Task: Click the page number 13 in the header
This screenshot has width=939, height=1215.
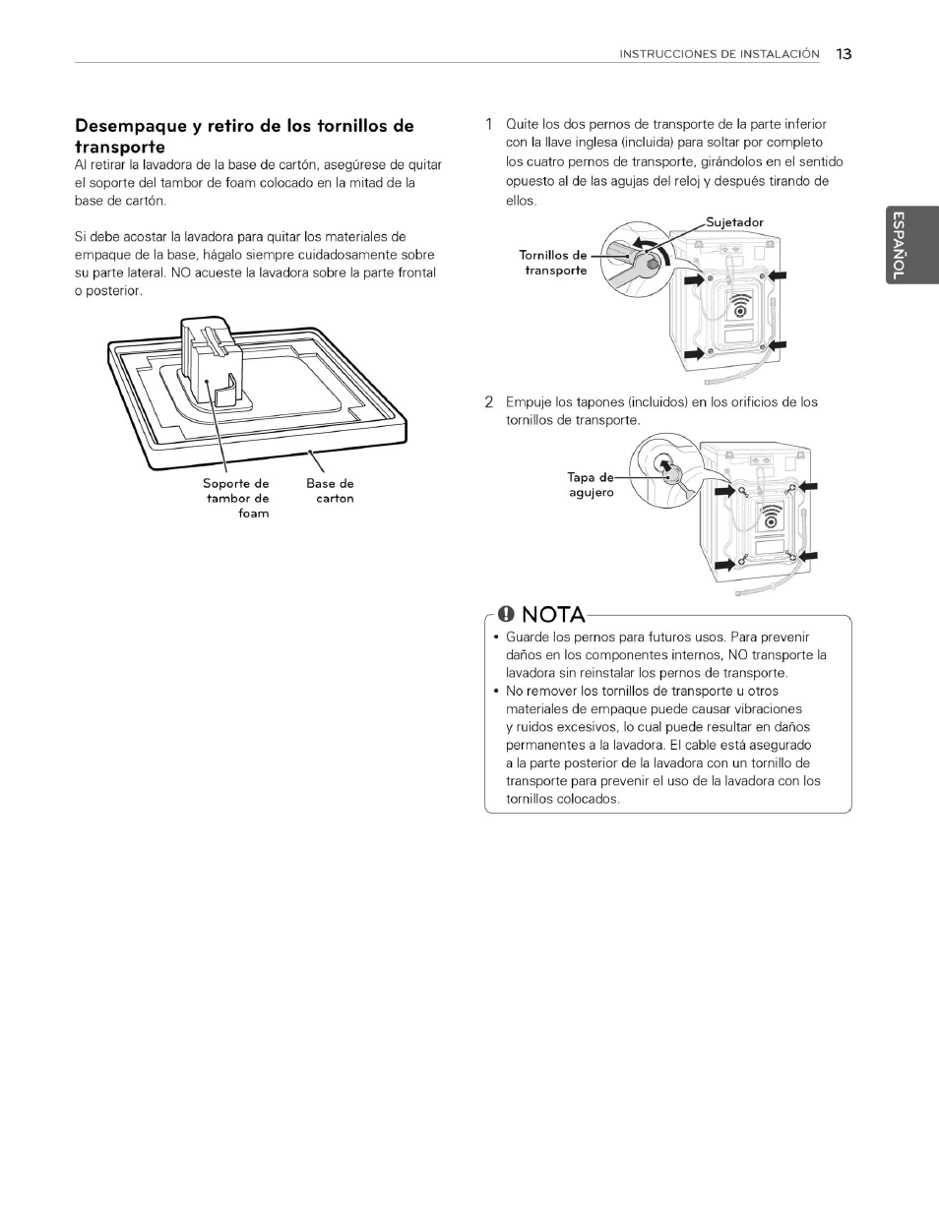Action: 844,54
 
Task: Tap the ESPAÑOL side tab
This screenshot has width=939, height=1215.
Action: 898,246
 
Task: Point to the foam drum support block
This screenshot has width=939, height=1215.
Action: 212,364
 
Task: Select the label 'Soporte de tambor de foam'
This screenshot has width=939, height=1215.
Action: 236,498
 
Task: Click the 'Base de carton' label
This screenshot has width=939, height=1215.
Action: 330,490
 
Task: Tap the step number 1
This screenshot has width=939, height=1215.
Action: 488,124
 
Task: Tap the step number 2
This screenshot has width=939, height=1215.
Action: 488,401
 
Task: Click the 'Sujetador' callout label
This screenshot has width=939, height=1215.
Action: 734,222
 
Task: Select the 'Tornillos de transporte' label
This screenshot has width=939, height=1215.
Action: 553,263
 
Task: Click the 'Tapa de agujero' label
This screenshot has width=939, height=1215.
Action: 591,484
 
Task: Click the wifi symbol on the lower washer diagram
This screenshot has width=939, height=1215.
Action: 770,518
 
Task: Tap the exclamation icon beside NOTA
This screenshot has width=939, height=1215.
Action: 506,615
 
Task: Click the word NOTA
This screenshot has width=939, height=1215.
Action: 553,615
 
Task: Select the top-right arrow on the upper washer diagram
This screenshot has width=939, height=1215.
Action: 778,279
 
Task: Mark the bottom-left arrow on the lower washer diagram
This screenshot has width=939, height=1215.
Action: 725,564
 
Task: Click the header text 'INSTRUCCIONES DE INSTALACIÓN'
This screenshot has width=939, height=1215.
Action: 719,54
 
